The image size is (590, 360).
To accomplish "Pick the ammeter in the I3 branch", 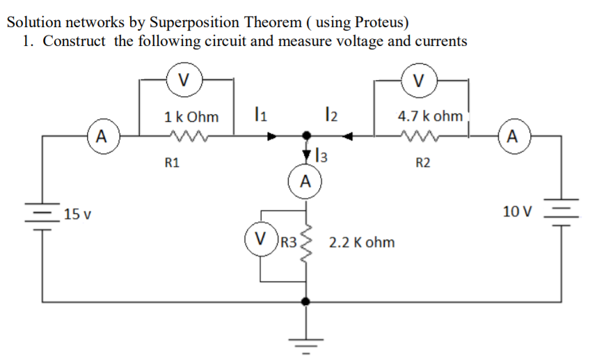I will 304,183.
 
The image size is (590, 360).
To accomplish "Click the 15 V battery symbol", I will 44,214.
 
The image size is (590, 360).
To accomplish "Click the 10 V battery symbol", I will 561,212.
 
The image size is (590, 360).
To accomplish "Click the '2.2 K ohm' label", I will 361,242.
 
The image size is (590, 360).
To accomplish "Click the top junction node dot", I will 305,136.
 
